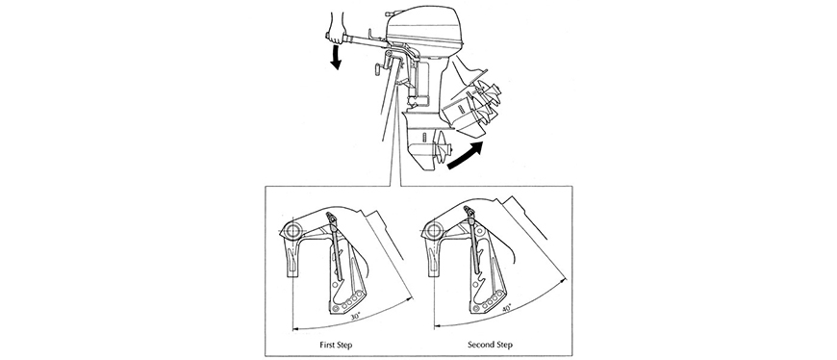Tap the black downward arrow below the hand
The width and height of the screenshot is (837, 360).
point(336,57)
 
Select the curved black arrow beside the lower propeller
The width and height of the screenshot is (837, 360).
point(466,156)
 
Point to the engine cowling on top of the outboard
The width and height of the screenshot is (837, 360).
point(424,26)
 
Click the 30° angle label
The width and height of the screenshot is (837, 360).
point(354,316)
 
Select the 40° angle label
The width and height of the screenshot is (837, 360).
point(506,308)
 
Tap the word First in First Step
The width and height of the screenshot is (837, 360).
point(328,345)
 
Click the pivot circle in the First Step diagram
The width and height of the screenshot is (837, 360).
point(292,231)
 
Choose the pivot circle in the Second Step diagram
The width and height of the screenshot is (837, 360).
point(433,231)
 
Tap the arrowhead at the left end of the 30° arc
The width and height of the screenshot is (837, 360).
point(295,327)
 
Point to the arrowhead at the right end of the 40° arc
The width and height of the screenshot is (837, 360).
point(564,279)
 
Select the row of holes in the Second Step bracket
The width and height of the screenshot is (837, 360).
point(489,299)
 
